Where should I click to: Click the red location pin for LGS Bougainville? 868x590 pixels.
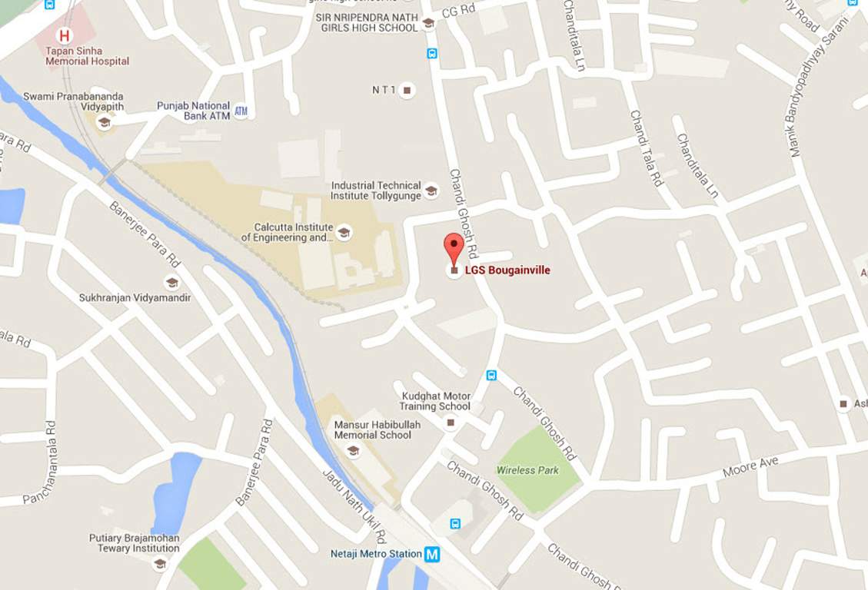click(x=454, y=247)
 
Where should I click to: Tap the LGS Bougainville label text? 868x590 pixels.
click(x=507, y=270)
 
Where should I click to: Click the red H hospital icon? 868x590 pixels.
click(x=65, y=35)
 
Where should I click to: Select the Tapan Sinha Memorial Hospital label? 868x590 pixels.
click(x=87, y=56)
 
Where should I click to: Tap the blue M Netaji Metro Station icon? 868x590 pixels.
click(x=432, y=554)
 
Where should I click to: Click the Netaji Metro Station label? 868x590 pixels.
click(x=376, y=554)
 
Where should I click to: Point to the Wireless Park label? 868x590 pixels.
click(x=527, y=470)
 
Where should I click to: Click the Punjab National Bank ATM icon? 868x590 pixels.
click(x=241, y=111)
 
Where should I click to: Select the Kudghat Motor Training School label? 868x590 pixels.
click(x=436, y=401)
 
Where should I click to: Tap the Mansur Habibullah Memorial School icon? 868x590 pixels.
click(x=353, y=451)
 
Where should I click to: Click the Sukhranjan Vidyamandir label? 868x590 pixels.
click(x=135, y=297)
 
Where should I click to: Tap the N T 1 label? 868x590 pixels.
click(x=384, y=90)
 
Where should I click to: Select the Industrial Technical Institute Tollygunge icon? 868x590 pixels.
click(x=431, y=191)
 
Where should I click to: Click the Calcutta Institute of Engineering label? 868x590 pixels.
click(x=287, y=233)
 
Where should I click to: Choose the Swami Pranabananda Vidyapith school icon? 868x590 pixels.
click(x=104, y=122)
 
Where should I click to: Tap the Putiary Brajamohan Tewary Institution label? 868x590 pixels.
click(x=134, y=543)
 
